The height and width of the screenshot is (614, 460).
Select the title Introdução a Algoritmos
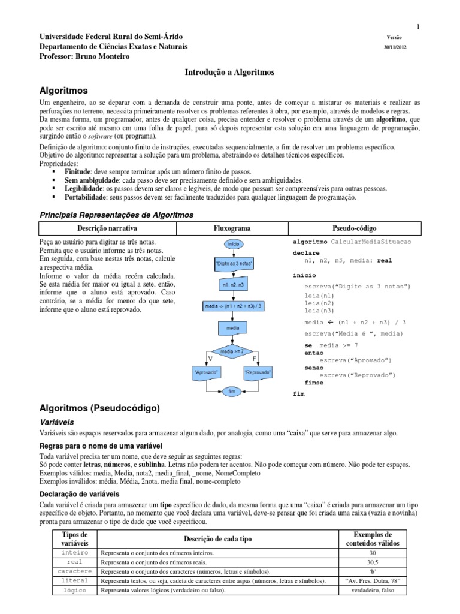(x=230, y=72)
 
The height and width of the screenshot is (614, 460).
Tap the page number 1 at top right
(x=417, y=26)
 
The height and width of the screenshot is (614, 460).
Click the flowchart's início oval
(x=232, y=244)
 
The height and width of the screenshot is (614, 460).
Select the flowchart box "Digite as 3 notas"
(x=232, y=264)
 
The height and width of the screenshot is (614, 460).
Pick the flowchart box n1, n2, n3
(x=232, y=285)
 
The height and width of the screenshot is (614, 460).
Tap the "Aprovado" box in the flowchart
(x=206, y=372)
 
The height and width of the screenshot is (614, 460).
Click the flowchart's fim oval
(x=232, y=390)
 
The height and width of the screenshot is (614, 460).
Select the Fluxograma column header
(x=232, y=228)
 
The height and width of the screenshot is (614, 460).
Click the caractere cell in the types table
(x=75, y=571)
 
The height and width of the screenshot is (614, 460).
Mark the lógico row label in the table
(x=75, y=590)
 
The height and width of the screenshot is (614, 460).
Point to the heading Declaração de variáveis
(x=80, y=494)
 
